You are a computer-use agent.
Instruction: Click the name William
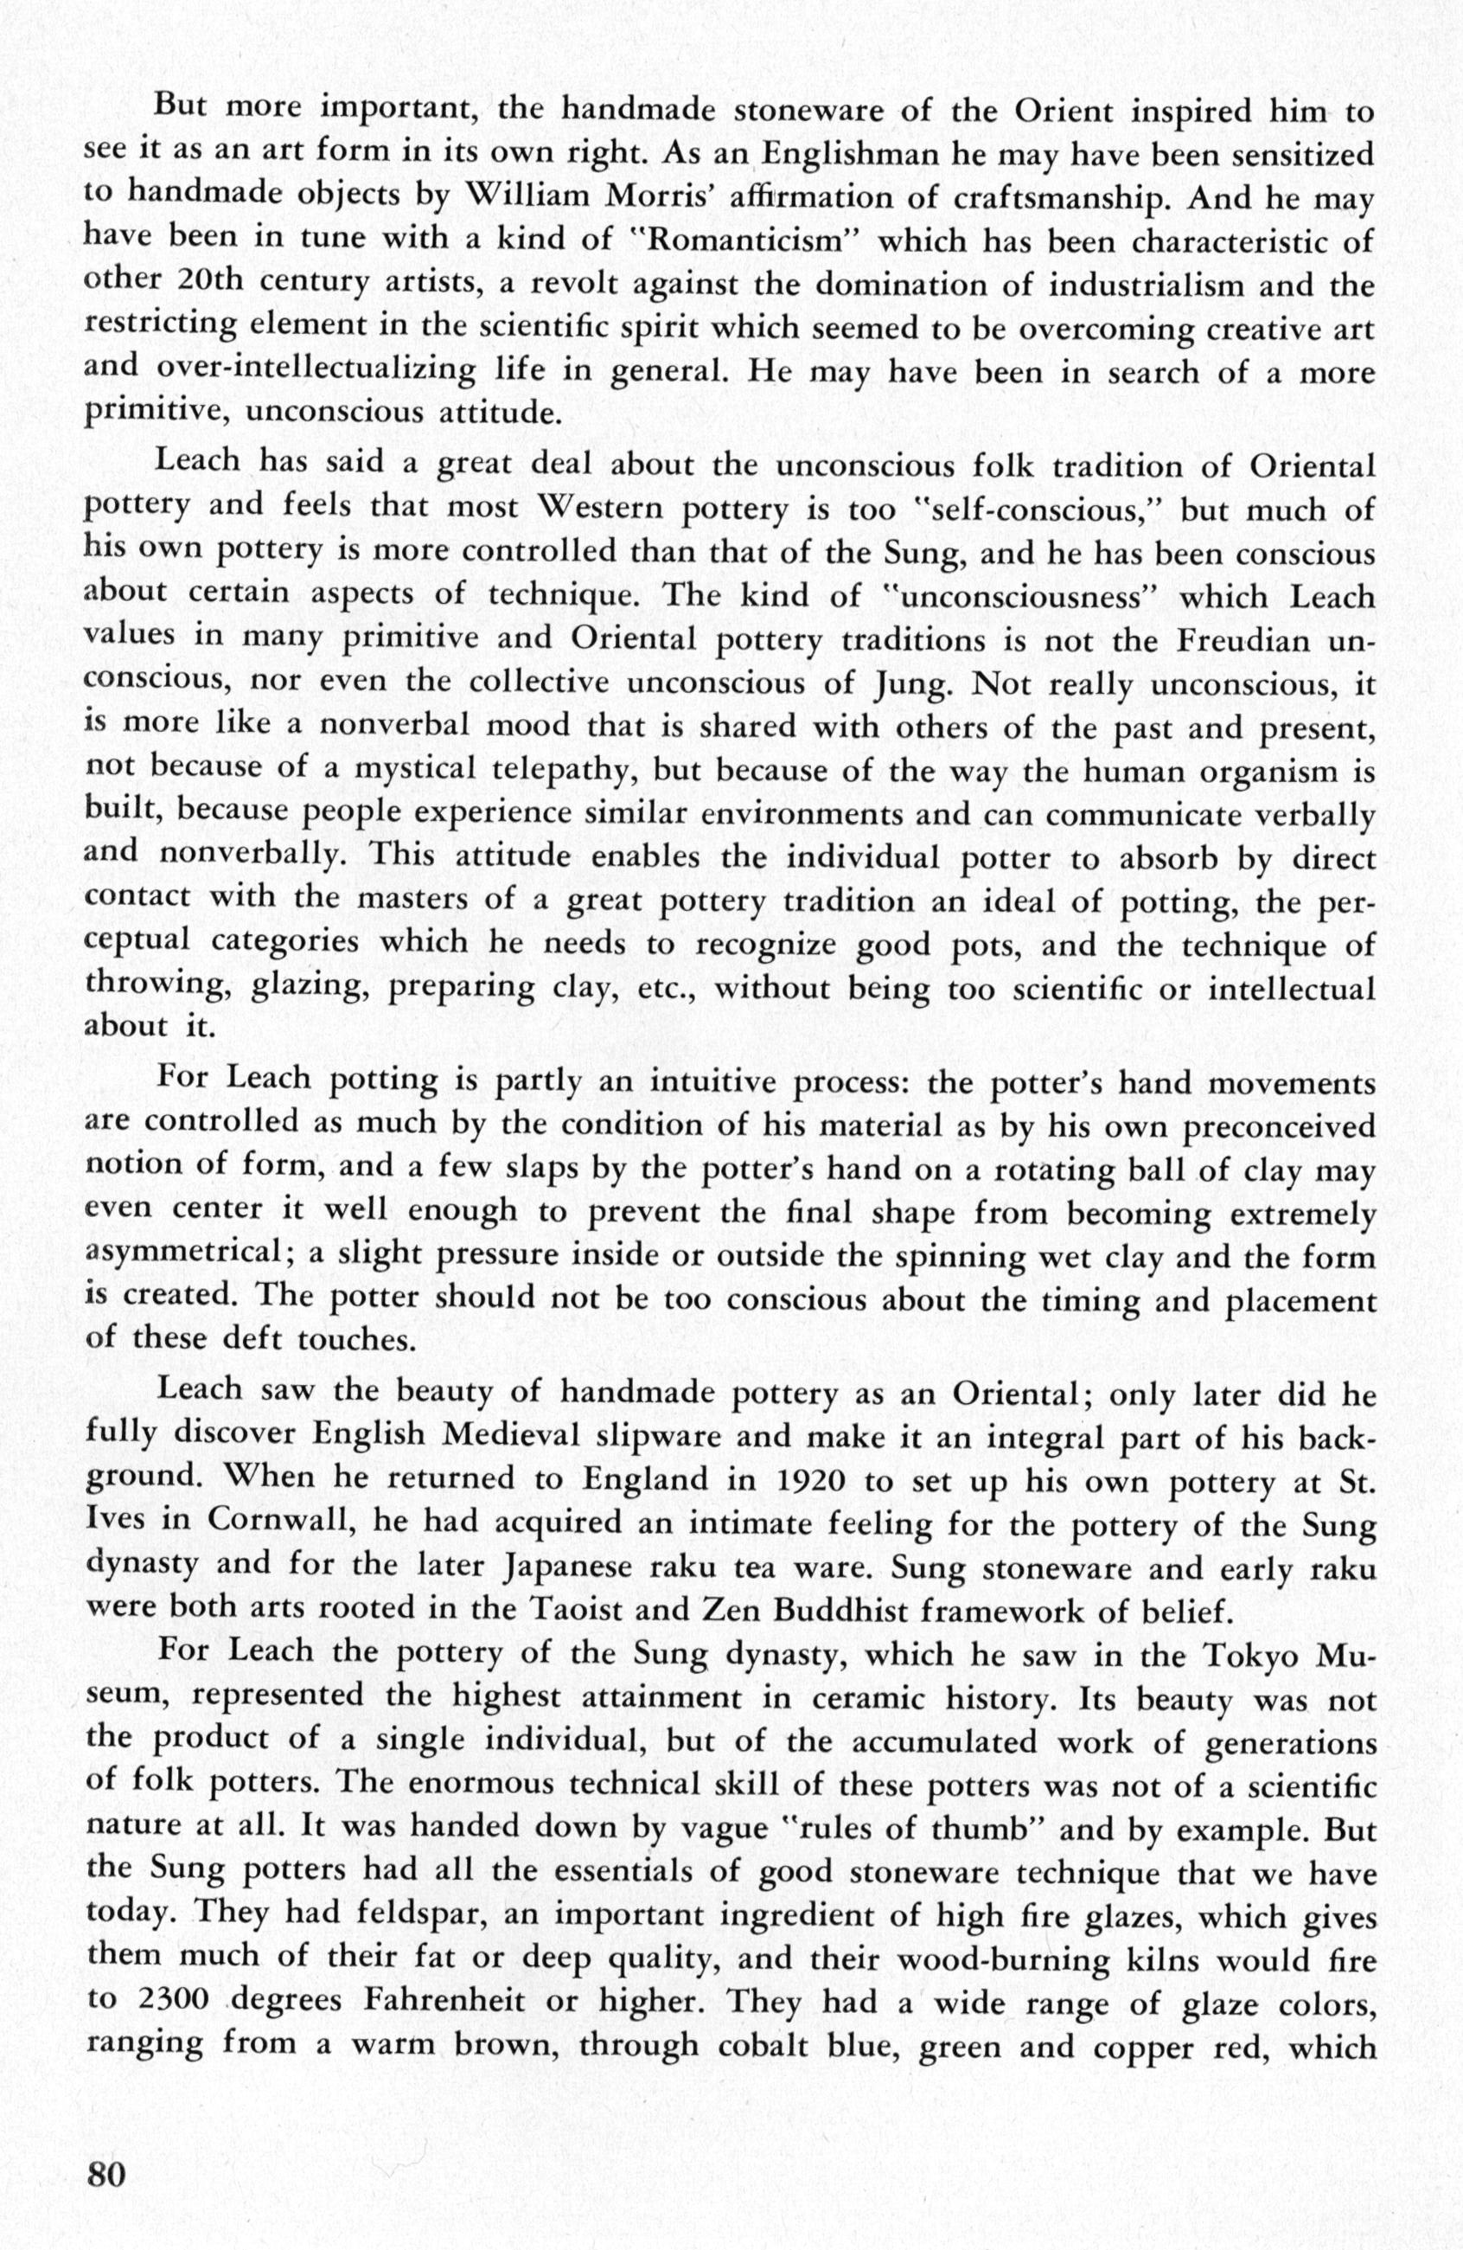534,197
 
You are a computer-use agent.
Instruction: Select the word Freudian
1242,640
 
